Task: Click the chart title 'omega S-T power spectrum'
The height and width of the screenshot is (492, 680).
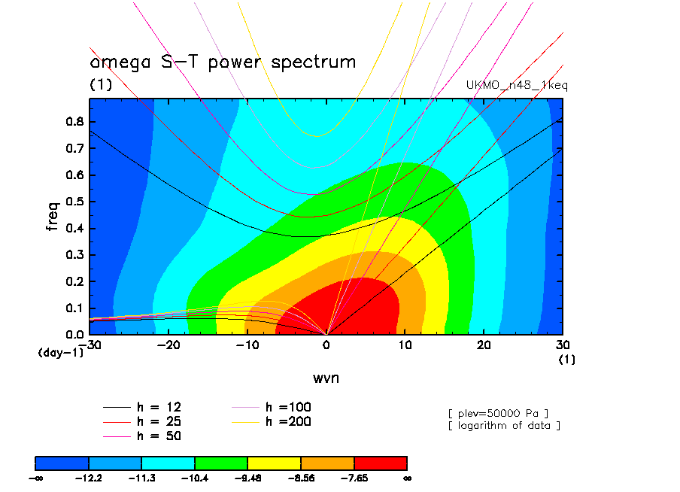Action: tap(223, 62)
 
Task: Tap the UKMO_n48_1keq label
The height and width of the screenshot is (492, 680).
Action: tap(518, 86)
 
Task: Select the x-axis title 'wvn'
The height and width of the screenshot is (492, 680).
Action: tap(326, 378)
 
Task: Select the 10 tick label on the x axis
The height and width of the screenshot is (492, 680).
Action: tap(405, 345)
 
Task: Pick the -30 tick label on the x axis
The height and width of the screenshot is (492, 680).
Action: tap(93, 345)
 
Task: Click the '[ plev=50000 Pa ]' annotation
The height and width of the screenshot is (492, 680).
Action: tap(498, 412)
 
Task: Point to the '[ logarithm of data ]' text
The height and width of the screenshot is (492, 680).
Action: tap(504, 426)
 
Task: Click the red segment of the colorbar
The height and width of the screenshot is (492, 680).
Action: tap(380, 462)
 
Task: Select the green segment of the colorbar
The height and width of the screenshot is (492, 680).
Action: tap(221, 462)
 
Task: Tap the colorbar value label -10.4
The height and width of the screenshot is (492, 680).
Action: tap(195, 477)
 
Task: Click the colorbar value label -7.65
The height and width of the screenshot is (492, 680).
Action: tap(354, 477)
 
